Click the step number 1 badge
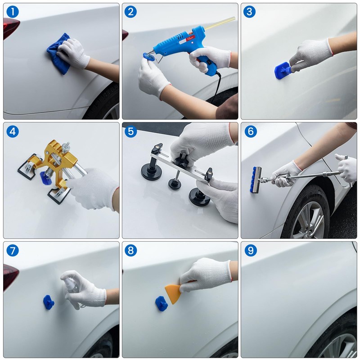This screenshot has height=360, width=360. (13, 12)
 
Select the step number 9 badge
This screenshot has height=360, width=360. (250, 250)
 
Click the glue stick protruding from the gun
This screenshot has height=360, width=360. (220, 22)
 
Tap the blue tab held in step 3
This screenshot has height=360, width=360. (282, 71)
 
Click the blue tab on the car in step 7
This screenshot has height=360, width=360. (48, 302)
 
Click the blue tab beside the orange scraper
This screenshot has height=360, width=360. (161, 304)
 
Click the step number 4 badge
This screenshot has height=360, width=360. (13, 131)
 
